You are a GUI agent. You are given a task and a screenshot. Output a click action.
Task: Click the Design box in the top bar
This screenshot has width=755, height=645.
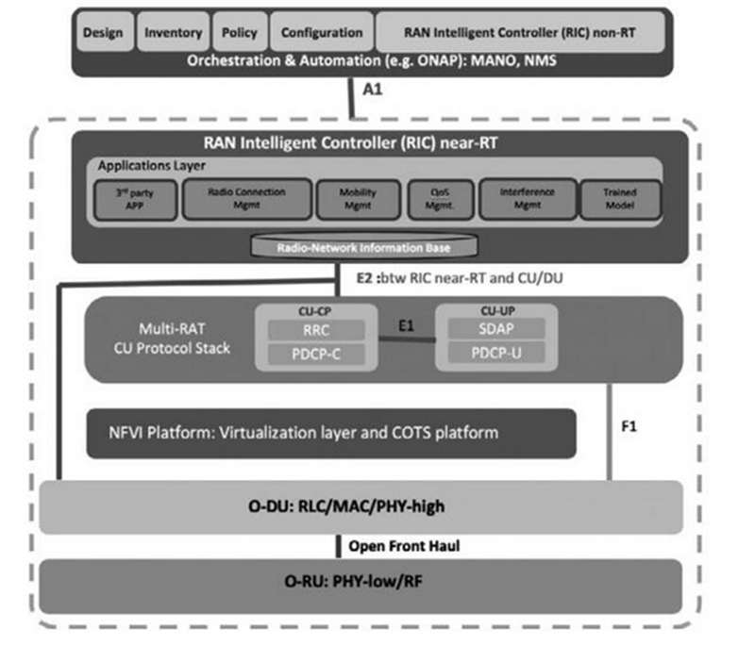[x=104, y=33]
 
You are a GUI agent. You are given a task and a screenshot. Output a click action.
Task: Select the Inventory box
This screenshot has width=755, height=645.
[x=173, y=33]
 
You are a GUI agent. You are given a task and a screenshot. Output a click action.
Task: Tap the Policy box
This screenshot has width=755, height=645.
[x=239, y=33]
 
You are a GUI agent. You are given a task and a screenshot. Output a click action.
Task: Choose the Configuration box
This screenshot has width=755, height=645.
[x=322, y=33]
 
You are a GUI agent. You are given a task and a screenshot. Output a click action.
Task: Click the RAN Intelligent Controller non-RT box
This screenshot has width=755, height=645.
[x=520, y=33]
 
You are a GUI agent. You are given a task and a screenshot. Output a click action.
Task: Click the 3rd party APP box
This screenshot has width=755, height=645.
[x=133, y=199]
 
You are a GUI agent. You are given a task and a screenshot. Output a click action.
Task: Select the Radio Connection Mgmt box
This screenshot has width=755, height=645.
[x=245, y=199]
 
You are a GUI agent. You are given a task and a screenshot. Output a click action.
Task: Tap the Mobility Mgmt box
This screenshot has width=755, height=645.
[x=358, y=199]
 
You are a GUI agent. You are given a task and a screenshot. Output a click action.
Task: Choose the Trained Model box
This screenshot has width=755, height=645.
[x=619, y=199]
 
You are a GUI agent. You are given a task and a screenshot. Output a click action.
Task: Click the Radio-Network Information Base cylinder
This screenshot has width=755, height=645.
[x=363, y=247]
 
